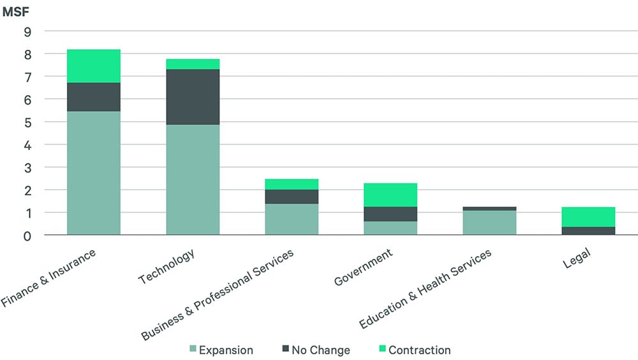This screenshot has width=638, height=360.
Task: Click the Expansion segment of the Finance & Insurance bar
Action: (x=94, y=173)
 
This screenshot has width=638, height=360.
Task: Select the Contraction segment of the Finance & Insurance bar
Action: (x=94, y=66)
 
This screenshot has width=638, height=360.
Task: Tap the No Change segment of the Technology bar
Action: (x=193, y=97)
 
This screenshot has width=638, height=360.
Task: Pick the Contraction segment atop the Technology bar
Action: (x=193, y=64)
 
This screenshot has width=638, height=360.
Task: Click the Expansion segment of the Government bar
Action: (x=390, y=228)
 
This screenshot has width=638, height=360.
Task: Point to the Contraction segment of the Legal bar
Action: (x=588, y=217)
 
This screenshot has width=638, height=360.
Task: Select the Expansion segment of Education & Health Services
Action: (x=489, y=223)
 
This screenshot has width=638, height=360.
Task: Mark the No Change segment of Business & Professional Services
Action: (x=292, y=197)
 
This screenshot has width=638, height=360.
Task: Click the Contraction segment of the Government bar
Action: (x=390, y=195)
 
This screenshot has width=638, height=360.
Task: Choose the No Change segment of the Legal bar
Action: (x=588, y=231)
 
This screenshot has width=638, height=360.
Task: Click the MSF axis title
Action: (x=15, y=11)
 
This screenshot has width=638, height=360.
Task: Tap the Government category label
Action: (x=363, y=267)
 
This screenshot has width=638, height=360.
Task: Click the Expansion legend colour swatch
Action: (x=193, y=349)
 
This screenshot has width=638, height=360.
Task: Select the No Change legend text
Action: (x=321, y=350)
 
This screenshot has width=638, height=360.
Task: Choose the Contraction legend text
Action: (x=419, y=350)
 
